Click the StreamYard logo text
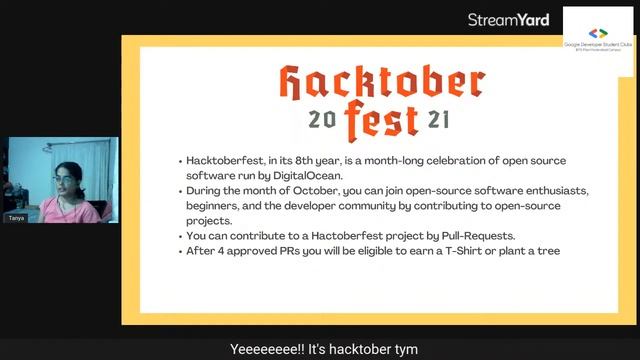click(508, 19)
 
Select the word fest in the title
click(382, 120)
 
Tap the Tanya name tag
click(17, 217)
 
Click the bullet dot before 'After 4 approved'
click(179, 252)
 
